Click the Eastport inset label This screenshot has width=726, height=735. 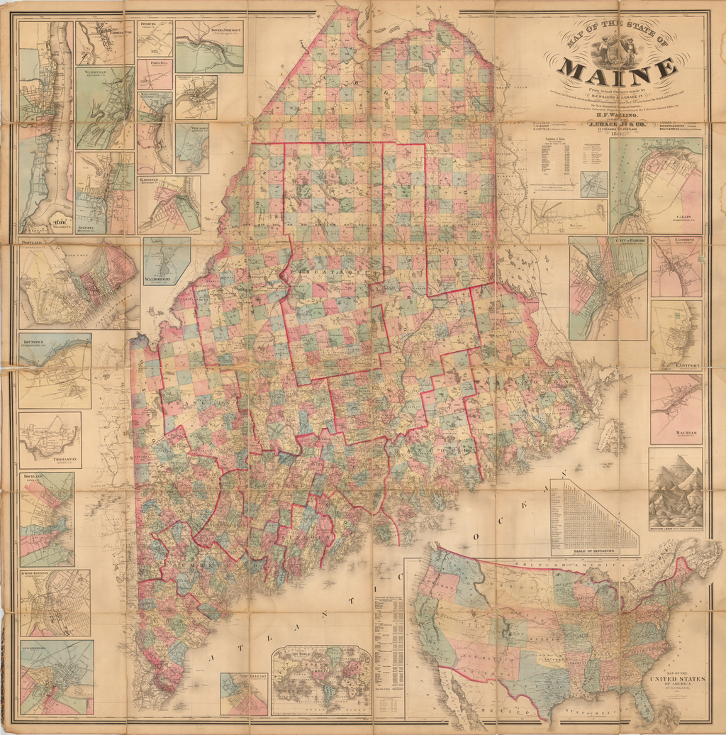pos(687,365)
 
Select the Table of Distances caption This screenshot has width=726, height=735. pos(594,551)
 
